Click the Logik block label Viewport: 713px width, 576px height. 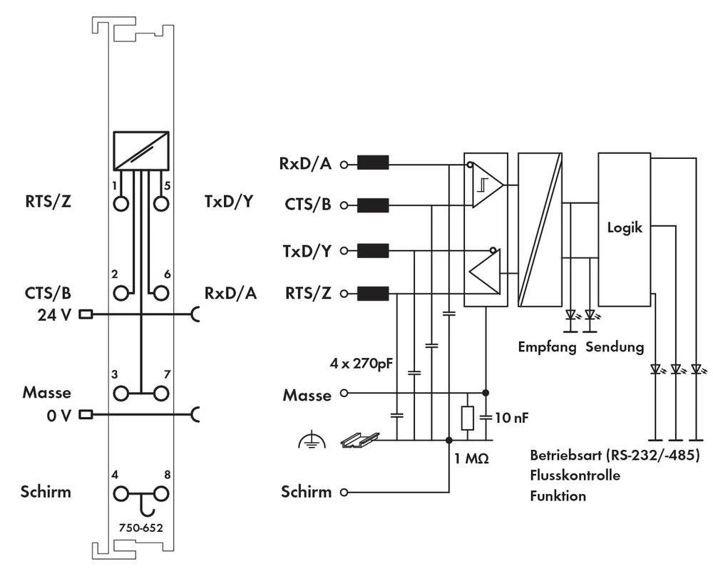pos(624,228)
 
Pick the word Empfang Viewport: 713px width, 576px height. pos(548,348)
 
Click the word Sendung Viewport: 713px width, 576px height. pos(615,348)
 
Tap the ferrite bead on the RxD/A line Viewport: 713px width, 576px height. pos(372,163)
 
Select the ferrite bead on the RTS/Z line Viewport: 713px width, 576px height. pos(372,293)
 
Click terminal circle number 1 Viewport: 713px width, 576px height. pos(120,203)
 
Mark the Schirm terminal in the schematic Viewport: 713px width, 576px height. pos(344,492)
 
